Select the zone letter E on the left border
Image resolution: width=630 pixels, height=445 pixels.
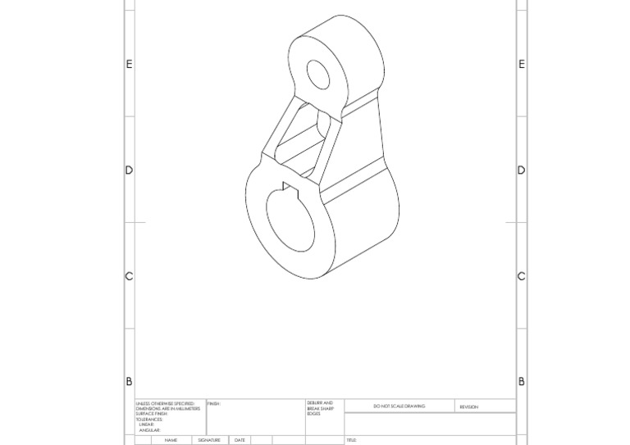(129, 64)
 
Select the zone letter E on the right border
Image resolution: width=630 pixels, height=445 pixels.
(522, 64)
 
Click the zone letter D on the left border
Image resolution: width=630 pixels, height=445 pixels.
(129, 170)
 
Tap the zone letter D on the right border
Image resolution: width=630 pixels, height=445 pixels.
(522, 170)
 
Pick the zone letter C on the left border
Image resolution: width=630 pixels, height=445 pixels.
(129, 276)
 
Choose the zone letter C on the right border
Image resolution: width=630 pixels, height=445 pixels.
(522, 276)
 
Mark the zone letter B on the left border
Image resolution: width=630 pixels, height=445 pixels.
(129, 382)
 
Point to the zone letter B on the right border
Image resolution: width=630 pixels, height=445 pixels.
(522, 382)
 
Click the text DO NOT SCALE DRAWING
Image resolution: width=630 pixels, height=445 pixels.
(399, 406)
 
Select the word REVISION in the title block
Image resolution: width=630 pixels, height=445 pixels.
(468, 406)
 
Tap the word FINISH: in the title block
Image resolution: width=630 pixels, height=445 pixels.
(214, 403)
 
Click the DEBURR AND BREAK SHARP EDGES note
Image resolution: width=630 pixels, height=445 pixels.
(320, 408)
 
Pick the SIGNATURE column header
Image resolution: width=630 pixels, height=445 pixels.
(209, 440)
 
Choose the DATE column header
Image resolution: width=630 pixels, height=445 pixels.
(240, 440)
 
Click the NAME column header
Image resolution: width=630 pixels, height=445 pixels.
(171, 440)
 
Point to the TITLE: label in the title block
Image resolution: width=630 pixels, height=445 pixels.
(352, 440)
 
